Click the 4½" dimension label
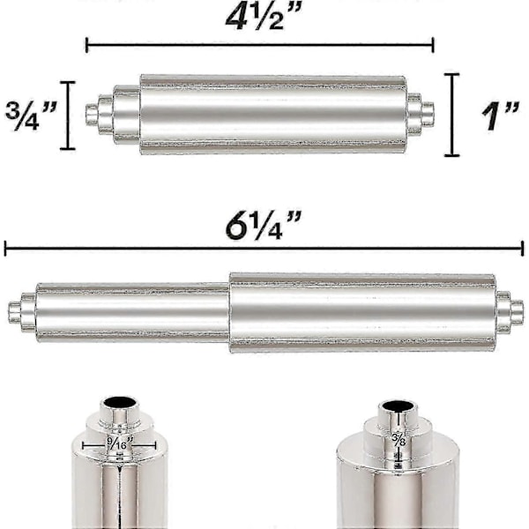coord(263,16)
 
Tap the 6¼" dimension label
coord(263,225)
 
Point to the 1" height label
coord(500,116)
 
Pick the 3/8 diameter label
coord(399,440)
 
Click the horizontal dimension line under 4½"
coord(260,45)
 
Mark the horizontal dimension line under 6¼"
coord(264,249)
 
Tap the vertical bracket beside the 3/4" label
coord(68,115)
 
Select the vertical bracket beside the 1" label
coord(451,115)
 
